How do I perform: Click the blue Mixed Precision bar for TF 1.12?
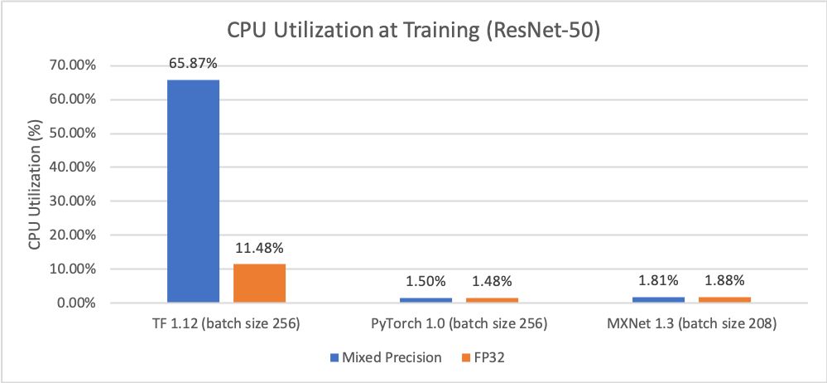[193, 191]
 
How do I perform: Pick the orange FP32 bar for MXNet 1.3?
[724, 299]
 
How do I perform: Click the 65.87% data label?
[193, 65]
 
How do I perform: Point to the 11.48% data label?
[259, 248]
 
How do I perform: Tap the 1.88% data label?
[724, 281]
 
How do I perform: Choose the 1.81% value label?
[658, 281]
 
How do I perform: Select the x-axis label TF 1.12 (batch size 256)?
[226, 324]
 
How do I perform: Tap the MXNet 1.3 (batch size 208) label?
[691, 324]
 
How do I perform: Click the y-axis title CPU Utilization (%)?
[35, 184]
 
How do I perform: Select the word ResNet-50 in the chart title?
[551, 30]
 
